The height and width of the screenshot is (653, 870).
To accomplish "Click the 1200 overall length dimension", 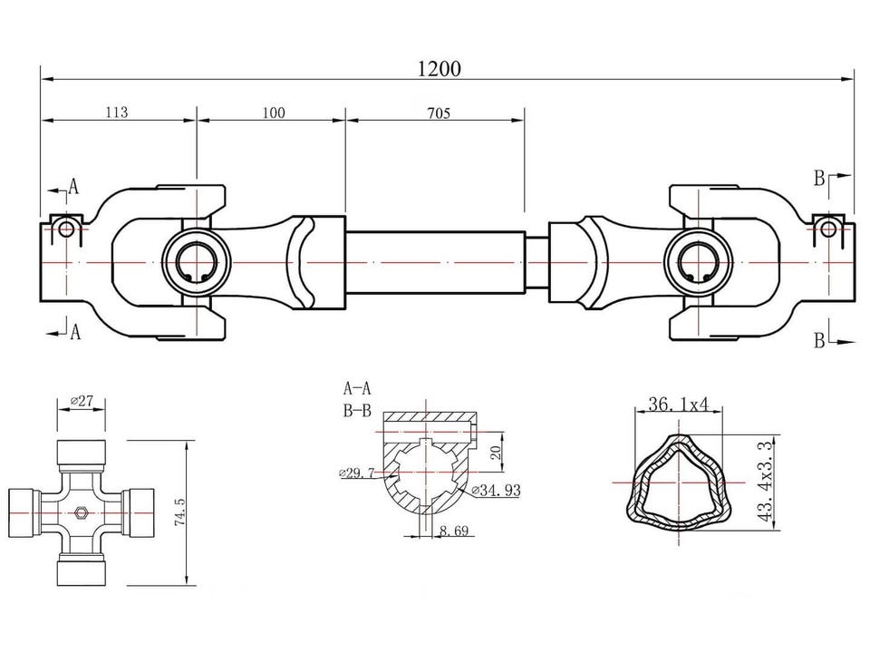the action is coord(439,69).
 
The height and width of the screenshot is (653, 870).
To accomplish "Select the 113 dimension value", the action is coord(117,112).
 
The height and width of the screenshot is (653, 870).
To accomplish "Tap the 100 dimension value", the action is coord(274,112).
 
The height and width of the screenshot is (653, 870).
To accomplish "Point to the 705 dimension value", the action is coord(439,113).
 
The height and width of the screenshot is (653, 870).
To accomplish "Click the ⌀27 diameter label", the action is coord(82,400).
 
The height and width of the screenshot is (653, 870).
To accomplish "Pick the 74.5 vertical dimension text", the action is coord(179,512).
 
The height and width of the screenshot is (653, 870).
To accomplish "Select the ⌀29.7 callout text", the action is coord(356,473).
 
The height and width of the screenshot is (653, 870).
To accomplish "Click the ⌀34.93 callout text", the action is coord(496,490).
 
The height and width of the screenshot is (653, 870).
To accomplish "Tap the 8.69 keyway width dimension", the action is coord(454,531).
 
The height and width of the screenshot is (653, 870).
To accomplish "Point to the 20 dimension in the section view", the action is coord(496,451).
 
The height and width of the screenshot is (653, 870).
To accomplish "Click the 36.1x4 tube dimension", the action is coord(679,404).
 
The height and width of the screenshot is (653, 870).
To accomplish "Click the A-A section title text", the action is coord(357,387).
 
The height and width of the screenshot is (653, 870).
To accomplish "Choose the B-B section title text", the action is coord(357,411).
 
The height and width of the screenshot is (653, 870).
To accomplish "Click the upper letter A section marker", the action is coord(73,187).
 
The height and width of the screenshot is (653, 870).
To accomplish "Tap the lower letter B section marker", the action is coord(819,340).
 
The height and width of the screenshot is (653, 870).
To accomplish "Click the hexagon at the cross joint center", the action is coord(81,512).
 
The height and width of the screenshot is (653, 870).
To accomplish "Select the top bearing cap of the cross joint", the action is coord(81,453).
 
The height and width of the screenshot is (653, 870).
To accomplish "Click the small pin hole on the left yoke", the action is coord(66,229).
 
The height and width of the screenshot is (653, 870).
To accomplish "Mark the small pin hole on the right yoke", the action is coord(827,229).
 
